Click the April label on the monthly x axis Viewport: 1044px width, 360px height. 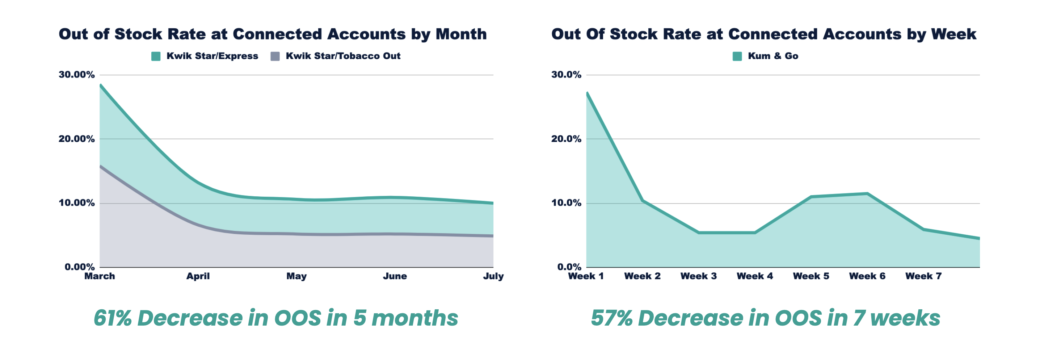tap(198, 276)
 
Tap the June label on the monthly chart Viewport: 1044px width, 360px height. tap(395, 276)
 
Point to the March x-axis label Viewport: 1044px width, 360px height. tap(100, 276)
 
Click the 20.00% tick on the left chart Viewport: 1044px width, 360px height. tap(77, 139)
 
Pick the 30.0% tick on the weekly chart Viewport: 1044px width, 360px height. tap(566, 75)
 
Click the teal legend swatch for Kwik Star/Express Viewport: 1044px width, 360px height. tap(156, 56)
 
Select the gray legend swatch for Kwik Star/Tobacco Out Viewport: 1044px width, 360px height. tap(275, 56)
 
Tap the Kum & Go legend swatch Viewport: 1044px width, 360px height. tap(737, 56)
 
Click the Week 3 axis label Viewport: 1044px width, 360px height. tap(698, 276)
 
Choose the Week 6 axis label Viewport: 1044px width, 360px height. tap(867, 276)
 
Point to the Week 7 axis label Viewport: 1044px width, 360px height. tap(923, 276)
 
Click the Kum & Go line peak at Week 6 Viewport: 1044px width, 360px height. tap(867, 193)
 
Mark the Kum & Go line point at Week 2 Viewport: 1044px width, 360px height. tap(643, 200)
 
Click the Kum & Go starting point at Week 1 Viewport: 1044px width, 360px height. tap(587, 93)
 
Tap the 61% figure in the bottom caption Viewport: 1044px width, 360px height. tap(112, 318)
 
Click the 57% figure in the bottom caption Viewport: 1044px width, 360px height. tap(611, 318)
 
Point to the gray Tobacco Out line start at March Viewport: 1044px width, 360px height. tap(101, 166)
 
